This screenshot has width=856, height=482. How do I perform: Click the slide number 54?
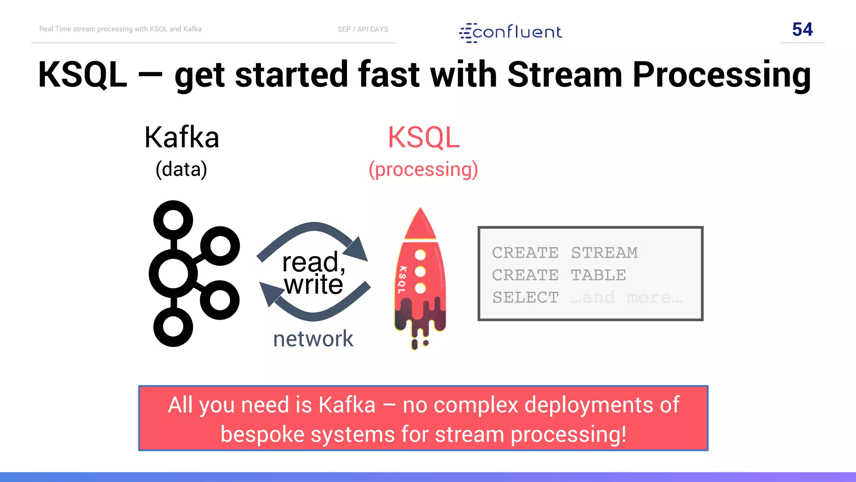(802, 29)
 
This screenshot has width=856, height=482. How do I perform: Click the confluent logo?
(511, 33)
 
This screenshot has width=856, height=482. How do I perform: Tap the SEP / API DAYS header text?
(363, 29)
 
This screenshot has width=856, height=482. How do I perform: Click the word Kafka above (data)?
(182, 137)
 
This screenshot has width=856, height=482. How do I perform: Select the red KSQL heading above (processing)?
(423, 137)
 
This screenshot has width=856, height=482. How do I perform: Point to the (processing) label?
(423, 169)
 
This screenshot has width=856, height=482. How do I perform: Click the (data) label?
(181, 169)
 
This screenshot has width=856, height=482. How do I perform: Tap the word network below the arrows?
(313, 338)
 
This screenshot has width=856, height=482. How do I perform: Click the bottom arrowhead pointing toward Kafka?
(270, 294)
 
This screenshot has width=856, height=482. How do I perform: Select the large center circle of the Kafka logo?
(173, 273)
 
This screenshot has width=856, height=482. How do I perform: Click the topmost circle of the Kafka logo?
(173, 220)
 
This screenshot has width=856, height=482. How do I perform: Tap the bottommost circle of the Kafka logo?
(173, 327)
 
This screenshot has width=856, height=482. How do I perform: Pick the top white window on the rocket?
(420, 255)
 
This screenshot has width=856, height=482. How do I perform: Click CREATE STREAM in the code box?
(565, 253)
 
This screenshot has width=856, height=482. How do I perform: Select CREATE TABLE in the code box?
(559, 275)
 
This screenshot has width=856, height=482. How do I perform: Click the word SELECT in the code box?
(525, 297)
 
